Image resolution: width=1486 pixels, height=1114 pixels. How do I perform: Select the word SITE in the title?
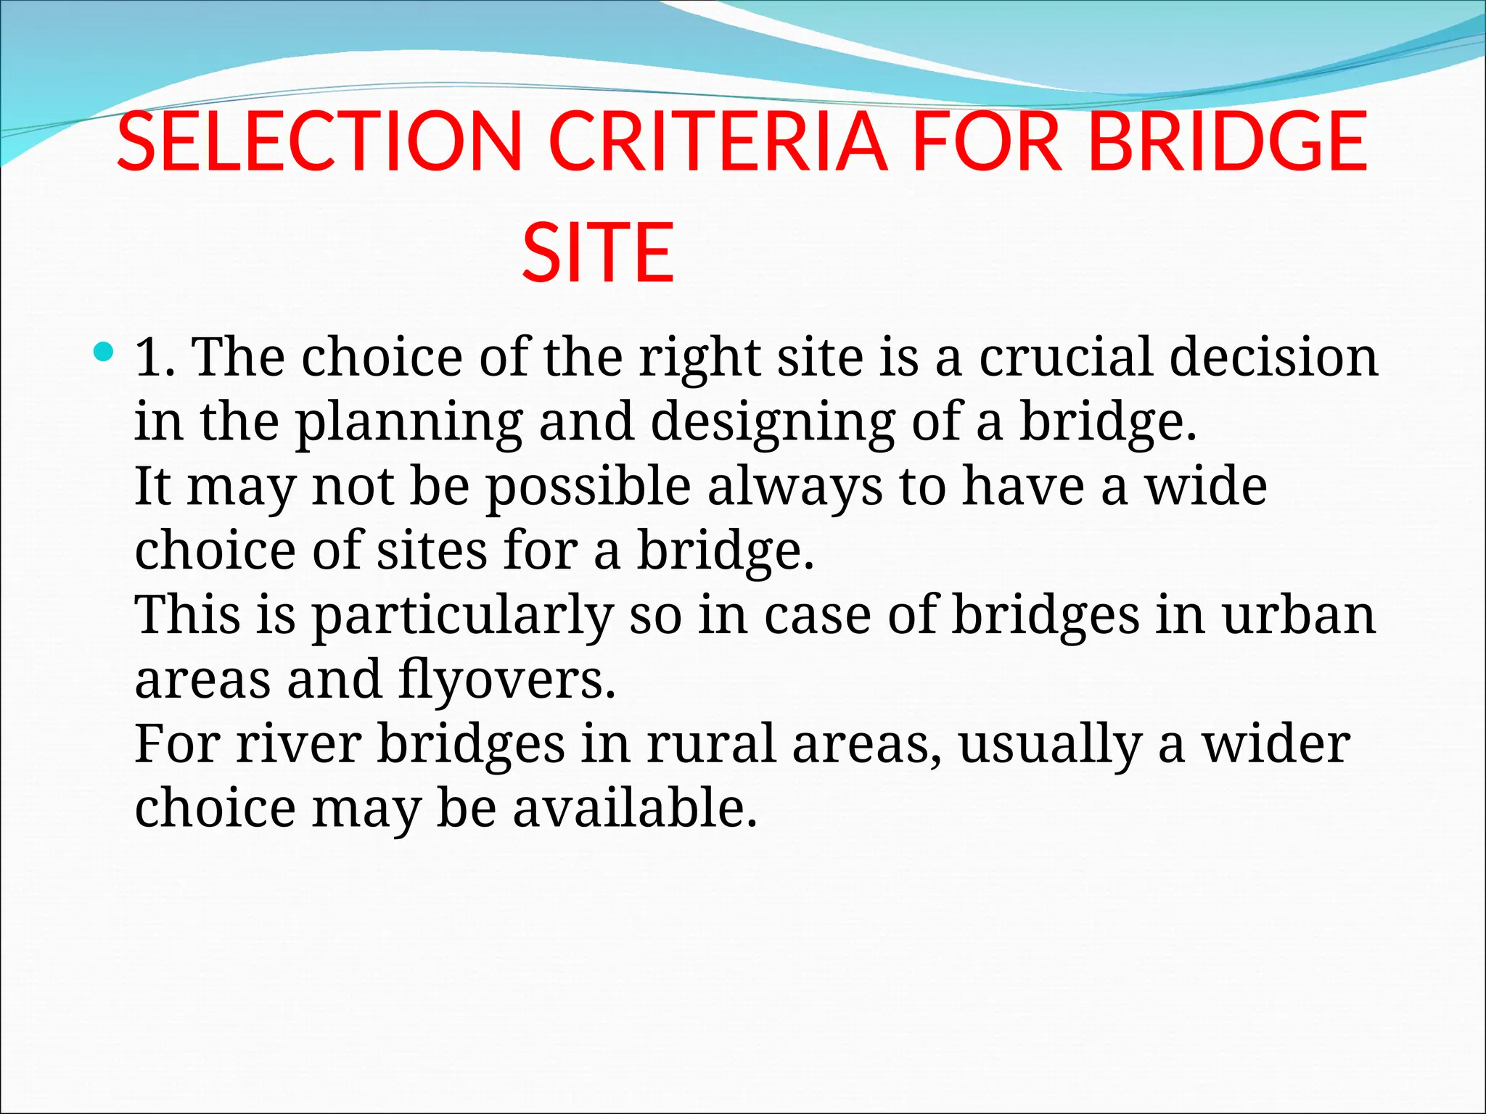click(x=598, y=253)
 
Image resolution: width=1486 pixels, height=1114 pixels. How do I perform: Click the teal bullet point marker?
click(x=104, y=353)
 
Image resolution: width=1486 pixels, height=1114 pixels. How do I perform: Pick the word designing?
click(x=773, y=423)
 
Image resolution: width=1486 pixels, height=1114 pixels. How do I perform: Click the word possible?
click(x=588, y=487)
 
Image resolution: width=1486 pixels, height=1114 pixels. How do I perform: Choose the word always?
click(x=795, y=487)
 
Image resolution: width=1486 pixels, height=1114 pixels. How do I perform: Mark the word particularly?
click(x=462, y=616)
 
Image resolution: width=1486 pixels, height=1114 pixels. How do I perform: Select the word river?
click(x=298, y=745)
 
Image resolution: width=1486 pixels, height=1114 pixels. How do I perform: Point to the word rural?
click(x=711, y=745)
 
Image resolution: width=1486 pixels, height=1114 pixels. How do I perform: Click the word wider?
click(x=1276, y=745)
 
